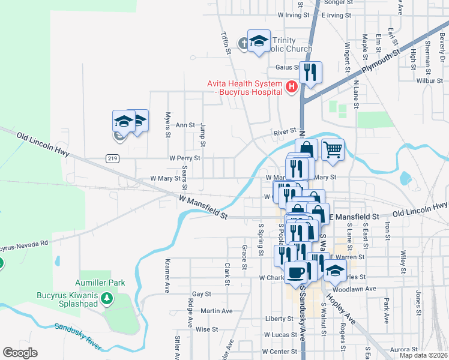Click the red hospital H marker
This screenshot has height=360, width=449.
(x=292, y=88)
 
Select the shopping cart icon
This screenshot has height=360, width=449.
(x=333, y=150)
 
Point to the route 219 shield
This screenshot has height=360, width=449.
(x=112, y=158)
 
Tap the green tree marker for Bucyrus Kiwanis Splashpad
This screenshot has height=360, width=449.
(x=106, y=298)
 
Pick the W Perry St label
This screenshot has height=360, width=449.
(x=184, y=158)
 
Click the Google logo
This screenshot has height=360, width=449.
(x=20, y=353)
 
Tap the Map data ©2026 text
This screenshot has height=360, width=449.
(x=423, y=355)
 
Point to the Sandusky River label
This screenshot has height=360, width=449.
(x=78, y=336)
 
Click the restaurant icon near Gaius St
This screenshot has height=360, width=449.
(x=310, y=73)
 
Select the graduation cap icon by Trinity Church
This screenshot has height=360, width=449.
(x=259, y=41)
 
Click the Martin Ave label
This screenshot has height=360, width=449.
(x=217, y=311)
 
